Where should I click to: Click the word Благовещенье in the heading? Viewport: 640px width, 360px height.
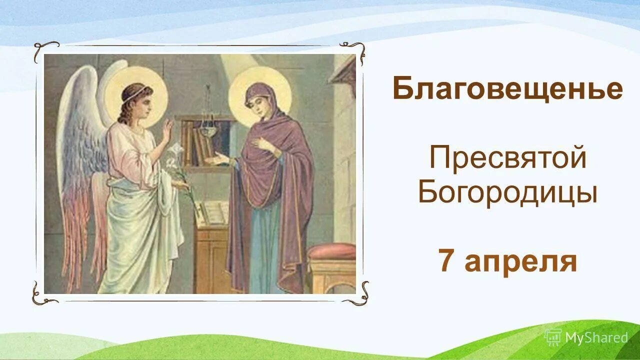click(507, 89)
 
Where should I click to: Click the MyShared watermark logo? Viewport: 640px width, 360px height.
click(586, 337)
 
